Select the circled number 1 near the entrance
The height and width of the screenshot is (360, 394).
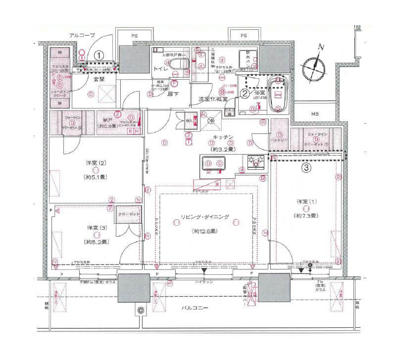(x=99, y=55)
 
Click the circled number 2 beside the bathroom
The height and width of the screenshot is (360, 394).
(x=245, y=92)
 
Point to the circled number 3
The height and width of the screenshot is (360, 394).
(x=307, y=168)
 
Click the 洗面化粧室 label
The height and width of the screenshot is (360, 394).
(x=213, y=99)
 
